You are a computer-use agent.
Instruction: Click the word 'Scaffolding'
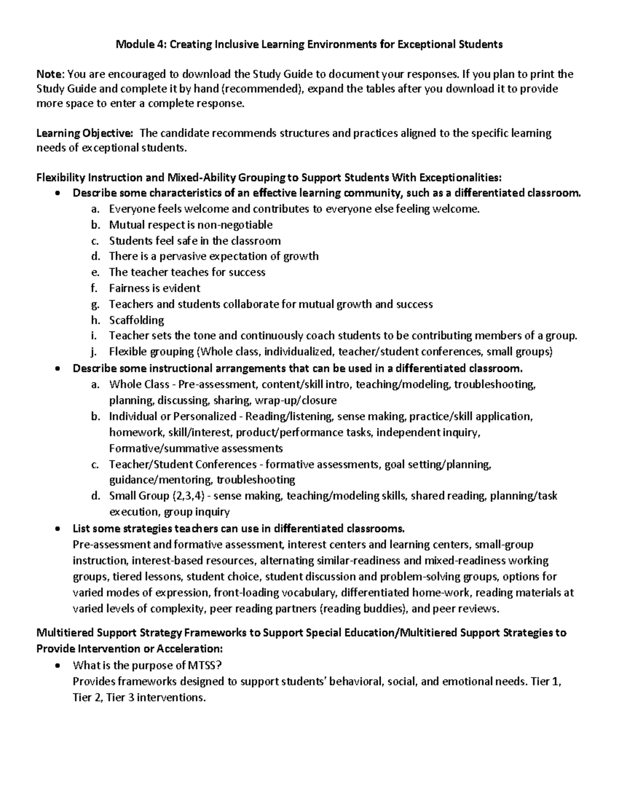(136, 320)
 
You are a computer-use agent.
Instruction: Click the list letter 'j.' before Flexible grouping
(94, 352)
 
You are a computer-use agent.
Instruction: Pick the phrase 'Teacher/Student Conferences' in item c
(183, 464)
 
